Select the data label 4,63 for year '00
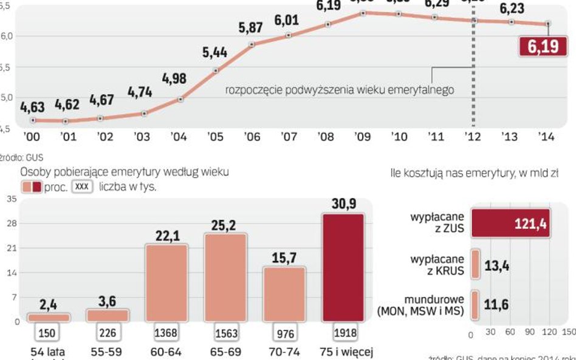coord(32,107)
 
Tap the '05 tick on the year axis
coord(216,137)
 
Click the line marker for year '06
coord(252,44)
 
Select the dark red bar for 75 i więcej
coord(343,268)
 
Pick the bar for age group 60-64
coord(166,282)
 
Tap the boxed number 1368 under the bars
coord(166,333)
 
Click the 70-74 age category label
coord(284,352)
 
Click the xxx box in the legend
coord(82,187)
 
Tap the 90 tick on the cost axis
coord(530,333)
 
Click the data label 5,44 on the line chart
coord(215,52)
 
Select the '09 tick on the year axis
coord(363,137)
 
